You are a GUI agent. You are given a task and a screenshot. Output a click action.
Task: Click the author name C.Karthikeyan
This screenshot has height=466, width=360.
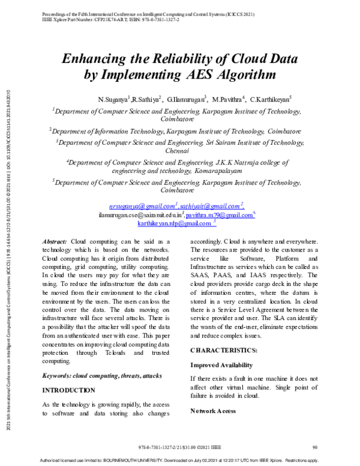[x=269, y=98]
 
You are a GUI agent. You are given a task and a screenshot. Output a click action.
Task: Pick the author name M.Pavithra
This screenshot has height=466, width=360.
[x=229, y=98]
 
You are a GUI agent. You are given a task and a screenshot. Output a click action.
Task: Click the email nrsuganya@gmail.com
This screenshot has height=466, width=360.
[x=142, y=205]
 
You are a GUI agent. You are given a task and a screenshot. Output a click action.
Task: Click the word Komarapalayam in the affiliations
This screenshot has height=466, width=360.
[x=221, y=171]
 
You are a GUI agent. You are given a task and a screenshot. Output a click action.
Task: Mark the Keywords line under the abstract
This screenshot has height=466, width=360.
[x=102, y=375]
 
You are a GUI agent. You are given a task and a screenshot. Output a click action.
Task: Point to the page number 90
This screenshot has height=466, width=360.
[x=315, y=447]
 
